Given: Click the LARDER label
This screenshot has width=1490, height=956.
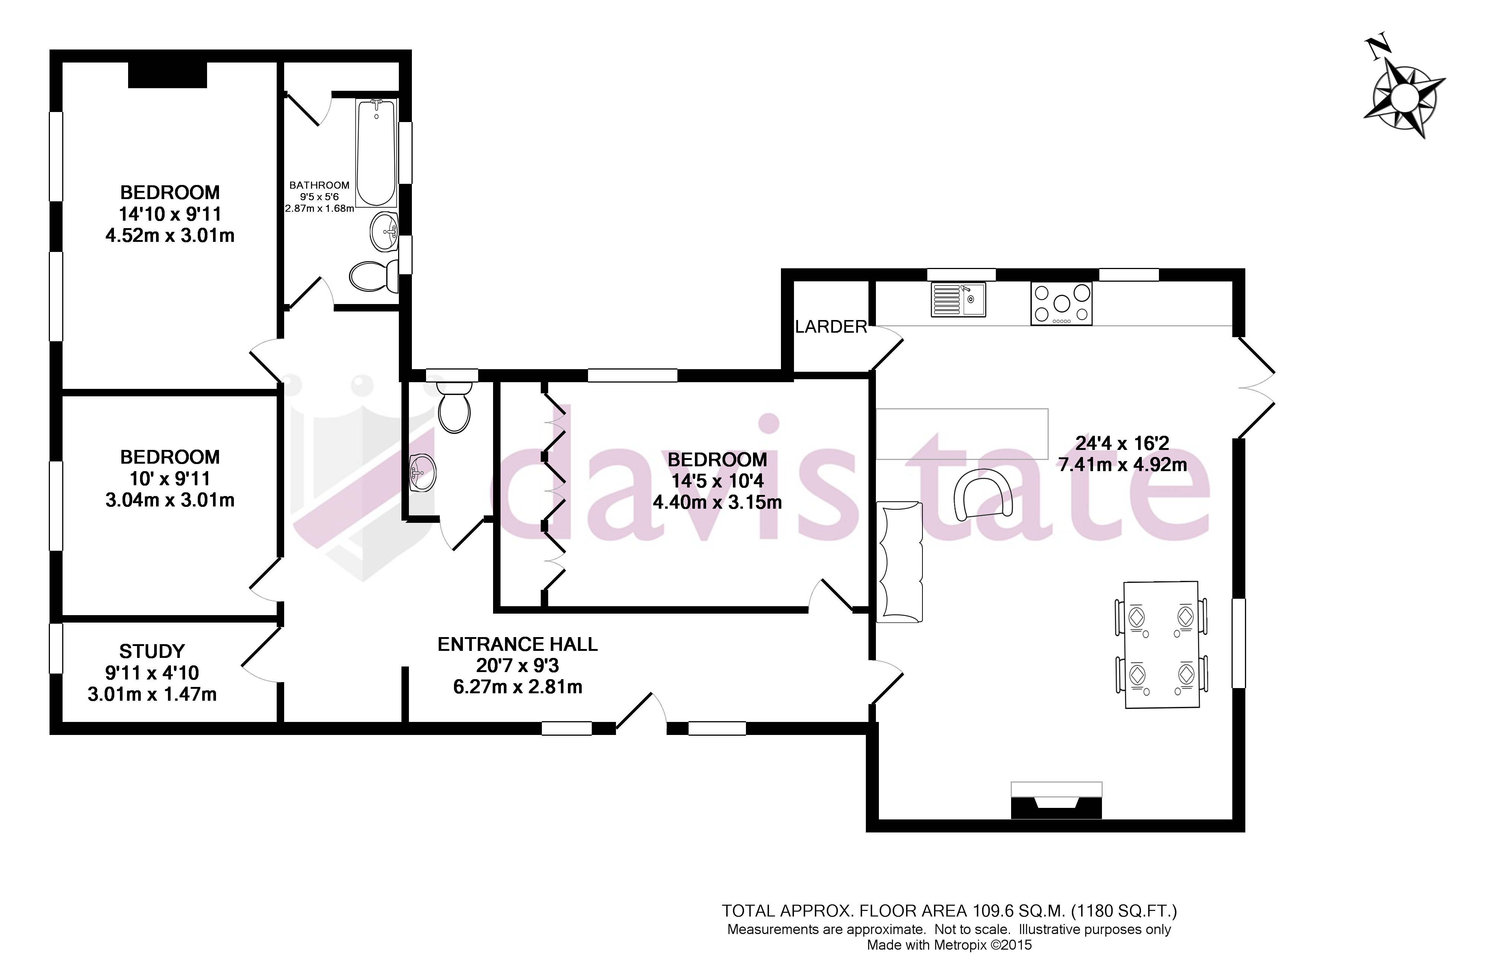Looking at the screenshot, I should (830, 326).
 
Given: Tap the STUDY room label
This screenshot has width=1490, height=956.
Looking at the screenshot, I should (152, 651).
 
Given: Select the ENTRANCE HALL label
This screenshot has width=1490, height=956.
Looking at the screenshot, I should (517, 645).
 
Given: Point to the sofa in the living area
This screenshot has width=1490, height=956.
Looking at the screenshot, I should (899, 562).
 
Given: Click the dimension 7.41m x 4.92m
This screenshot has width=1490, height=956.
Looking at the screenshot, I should (1122, 464).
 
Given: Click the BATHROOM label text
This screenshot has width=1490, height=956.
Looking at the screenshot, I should (319, 185).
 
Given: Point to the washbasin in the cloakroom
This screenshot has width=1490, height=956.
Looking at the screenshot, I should (423, 472).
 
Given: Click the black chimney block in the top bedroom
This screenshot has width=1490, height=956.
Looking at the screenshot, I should (167, 75).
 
